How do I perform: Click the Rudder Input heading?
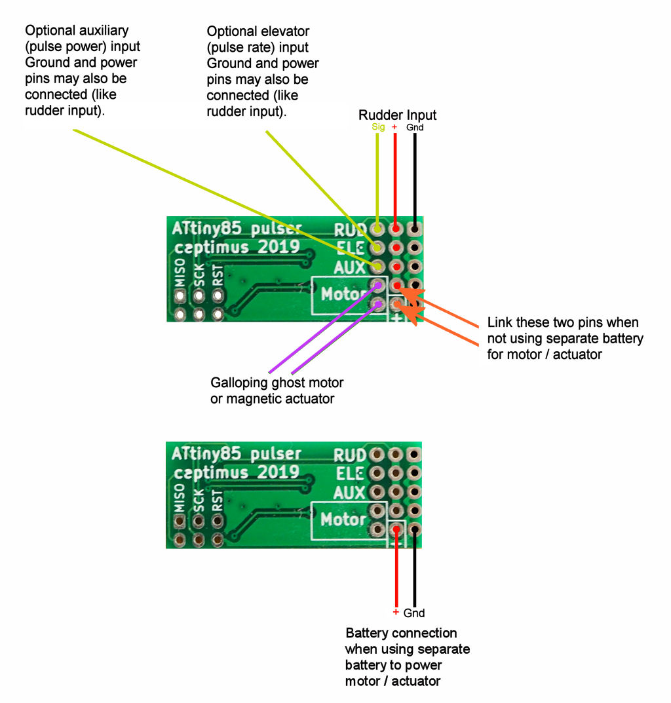397,115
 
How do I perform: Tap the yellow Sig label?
378,127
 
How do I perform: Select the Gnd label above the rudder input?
415,128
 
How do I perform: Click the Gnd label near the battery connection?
414,613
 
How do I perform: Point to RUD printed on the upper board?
348,231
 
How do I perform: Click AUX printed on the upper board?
349,267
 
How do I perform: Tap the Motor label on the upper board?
340,295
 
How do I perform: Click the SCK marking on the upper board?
199,275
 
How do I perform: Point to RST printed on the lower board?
218,499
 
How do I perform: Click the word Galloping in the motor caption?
237,383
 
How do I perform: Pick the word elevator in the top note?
285,31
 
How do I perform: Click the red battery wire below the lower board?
396,570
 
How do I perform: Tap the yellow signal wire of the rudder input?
377,177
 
